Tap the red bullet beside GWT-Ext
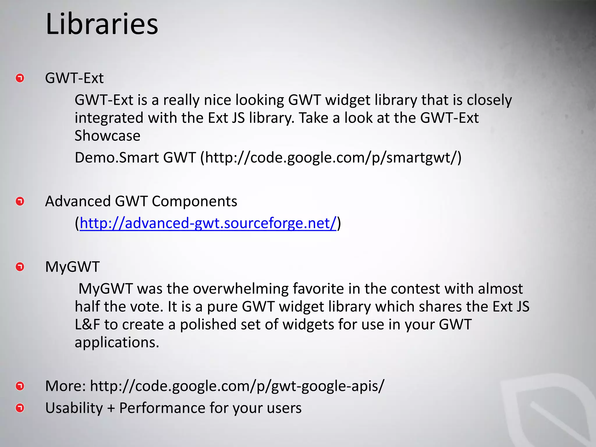point(20,78)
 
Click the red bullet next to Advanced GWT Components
point(20,201)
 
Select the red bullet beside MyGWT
point(20,267)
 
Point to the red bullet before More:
point(20,386)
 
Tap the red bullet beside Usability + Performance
point(20,408)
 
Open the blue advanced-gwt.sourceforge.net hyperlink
point(208,223)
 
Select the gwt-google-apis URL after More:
point(237,386)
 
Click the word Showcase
point(107,136)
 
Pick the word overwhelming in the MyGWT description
point(241,289)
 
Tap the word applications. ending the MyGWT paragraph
point(117,343)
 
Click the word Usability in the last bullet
point(74,408)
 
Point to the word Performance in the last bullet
point(162,408)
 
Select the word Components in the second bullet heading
point(194,201)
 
